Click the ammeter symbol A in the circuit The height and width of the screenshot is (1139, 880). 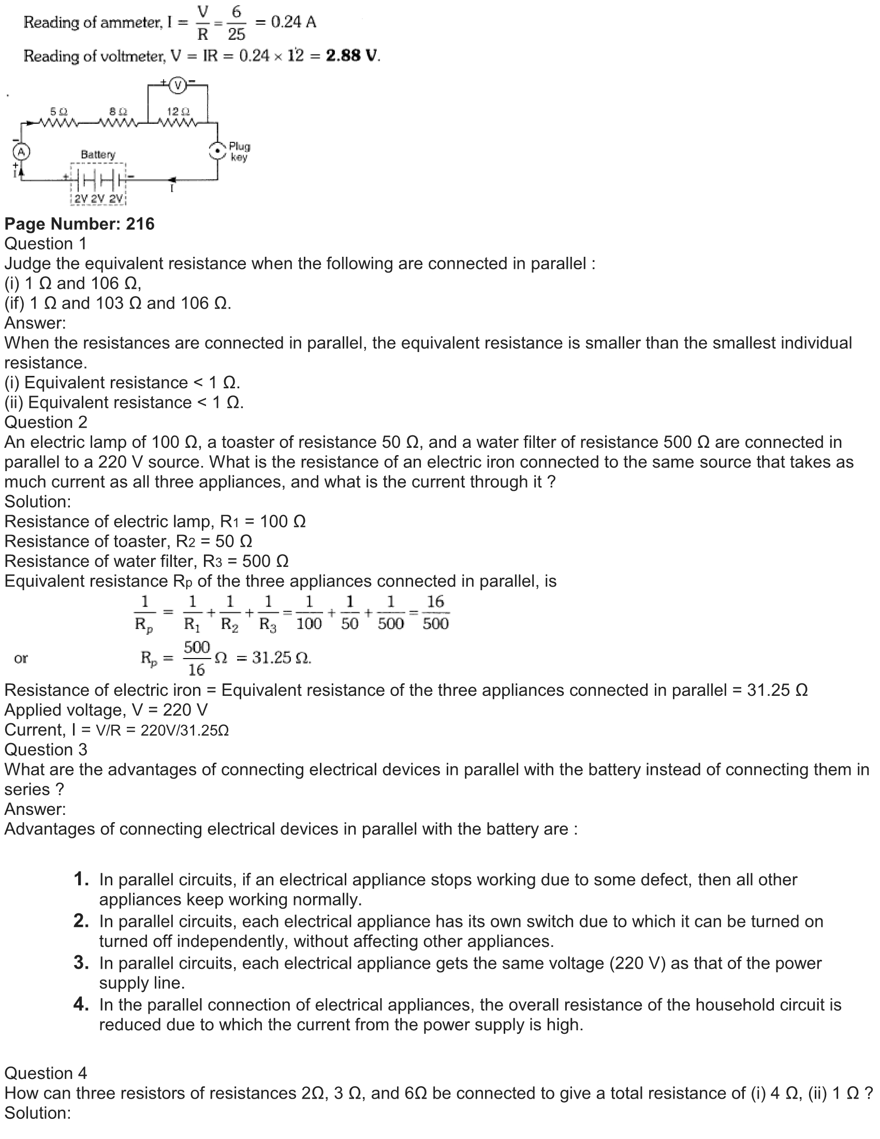21,152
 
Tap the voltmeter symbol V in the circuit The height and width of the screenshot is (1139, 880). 178,85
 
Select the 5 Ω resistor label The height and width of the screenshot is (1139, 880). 58,112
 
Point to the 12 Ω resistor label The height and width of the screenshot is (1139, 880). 178,112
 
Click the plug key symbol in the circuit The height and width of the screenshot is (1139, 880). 217,151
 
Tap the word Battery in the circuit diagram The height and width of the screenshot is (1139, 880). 98,154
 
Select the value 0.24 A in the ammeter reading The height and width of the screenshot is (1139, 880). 294,22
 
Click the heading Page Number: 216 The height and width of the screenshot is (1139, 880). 79,224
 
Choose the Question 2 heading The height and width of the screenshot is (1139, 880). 46,422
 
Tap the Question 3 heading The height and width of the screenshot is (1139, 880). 46,750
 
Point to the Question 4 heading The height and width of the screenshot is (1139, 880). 46,1073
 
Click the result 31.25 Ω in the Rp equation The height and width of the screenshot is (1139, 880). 282,658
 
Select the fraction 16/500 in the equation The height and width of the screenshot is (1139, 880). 435,612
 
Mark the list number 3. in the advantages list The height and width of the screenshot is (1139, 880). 81,962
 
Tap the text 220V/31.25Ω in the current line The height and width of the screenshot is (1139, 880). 185,730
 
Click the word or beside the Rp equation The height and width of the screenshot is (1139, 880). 21,658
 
